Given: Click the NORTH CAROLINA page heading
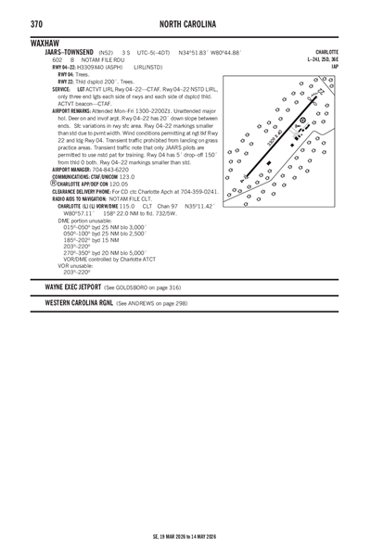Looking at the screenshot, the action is point(185,22).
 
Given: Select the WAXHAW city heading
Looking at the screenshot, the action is point(46,44).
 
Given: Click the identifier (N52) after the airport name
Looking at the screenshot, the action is point(106,53).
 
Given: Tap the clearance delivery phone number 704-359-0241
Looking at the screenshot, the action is point(199,191).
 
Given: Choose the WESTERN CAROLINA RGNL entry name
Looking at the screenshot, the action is point(79,303).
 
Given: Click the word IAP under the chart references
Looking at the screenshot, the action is point(333,68).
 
